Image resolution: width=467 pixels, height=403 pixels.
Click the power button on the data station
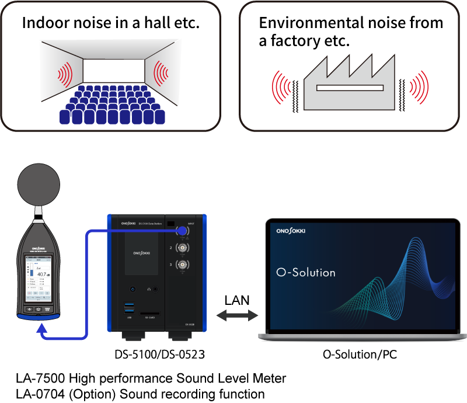133,289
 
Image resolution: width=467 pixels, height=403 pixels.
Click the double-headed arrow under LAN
236,316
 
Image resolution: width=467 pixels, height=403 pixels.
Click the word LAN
237,301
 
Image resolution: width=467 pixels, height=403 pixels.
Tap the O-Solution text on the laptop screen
306,272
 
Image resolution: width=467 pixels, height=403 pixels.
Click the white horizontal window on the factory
350,88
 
